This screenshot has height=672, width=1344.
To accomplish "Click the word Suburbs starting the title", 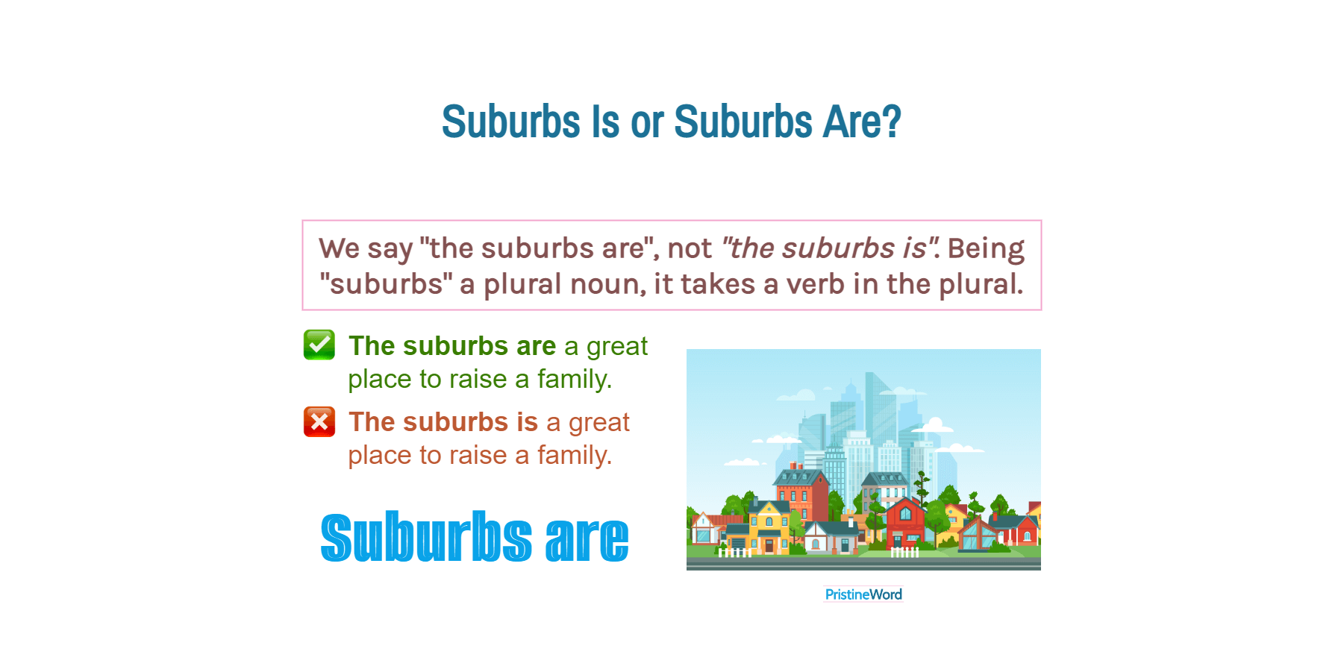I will [510, 122].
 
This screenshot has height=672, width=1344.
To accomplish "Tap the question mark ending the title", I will [892, 122].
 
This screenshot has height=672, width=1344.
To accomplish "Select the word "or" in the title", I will [646, 123].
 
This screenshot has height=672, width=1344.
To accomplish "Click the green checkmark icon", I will [319, 345].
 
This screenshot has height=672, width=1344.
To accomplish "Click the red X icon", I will [319, 421].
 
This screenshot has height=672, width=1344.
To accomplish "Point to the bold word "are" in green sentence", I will [536, 346].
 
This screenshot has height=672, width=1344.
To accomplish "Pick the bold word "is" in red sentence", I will [527, 422].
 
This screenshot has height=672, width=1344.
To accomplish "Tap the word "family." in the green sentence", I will [574, 380].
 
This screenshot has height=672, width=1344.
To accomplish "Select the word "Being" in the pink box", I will [986, 248].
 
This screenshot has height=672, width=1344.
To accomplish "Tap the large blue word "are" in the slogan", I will [587, 538].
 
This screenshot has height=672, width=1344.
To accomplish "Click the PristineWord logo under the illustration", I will [863, 594].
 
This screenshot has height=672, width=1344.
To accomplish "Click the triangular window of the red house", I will [905, 513].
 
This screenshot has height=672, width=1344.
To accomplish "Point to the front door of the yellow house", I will [769, 545].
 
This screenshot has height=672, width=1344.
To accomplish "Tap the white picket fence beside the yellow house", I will [734, 553].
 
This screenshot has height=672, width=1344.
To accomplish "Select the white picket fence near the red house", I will [904, 553].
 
